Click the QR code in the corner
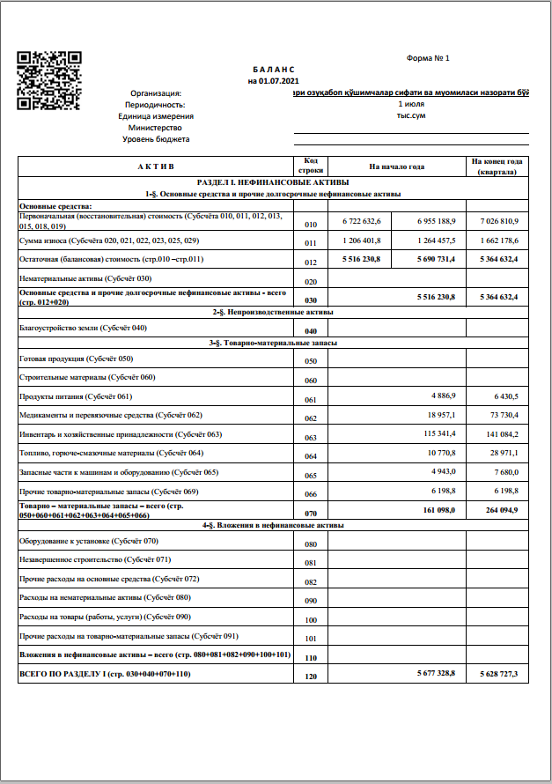49,80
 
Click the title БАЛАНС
273,69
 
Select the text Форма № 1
428,58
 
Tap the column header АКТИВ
155,166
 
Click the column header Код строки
310,166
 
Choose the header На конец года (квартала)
497,166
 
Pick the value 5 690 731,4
431,260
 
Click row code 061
310,399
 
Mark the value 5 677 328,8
431,673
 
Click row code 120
310,676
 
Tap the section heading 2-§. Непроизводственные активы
273,312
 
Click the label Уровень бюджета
156,139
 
